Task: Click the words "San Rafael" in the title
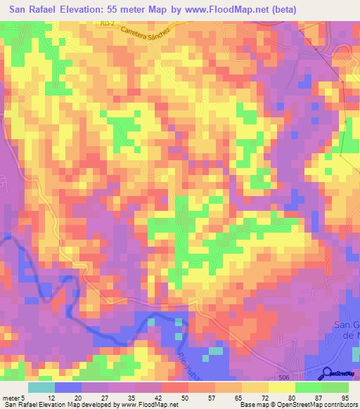[37, 9]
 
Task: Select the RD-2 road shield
[106, 23]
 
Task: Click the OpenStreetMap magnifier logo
[328, 373]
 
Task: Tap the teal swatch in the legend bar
[41, 387]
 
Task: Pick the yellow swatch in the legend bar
[282, 387]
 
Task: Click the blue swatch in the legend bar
[67, 387]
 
